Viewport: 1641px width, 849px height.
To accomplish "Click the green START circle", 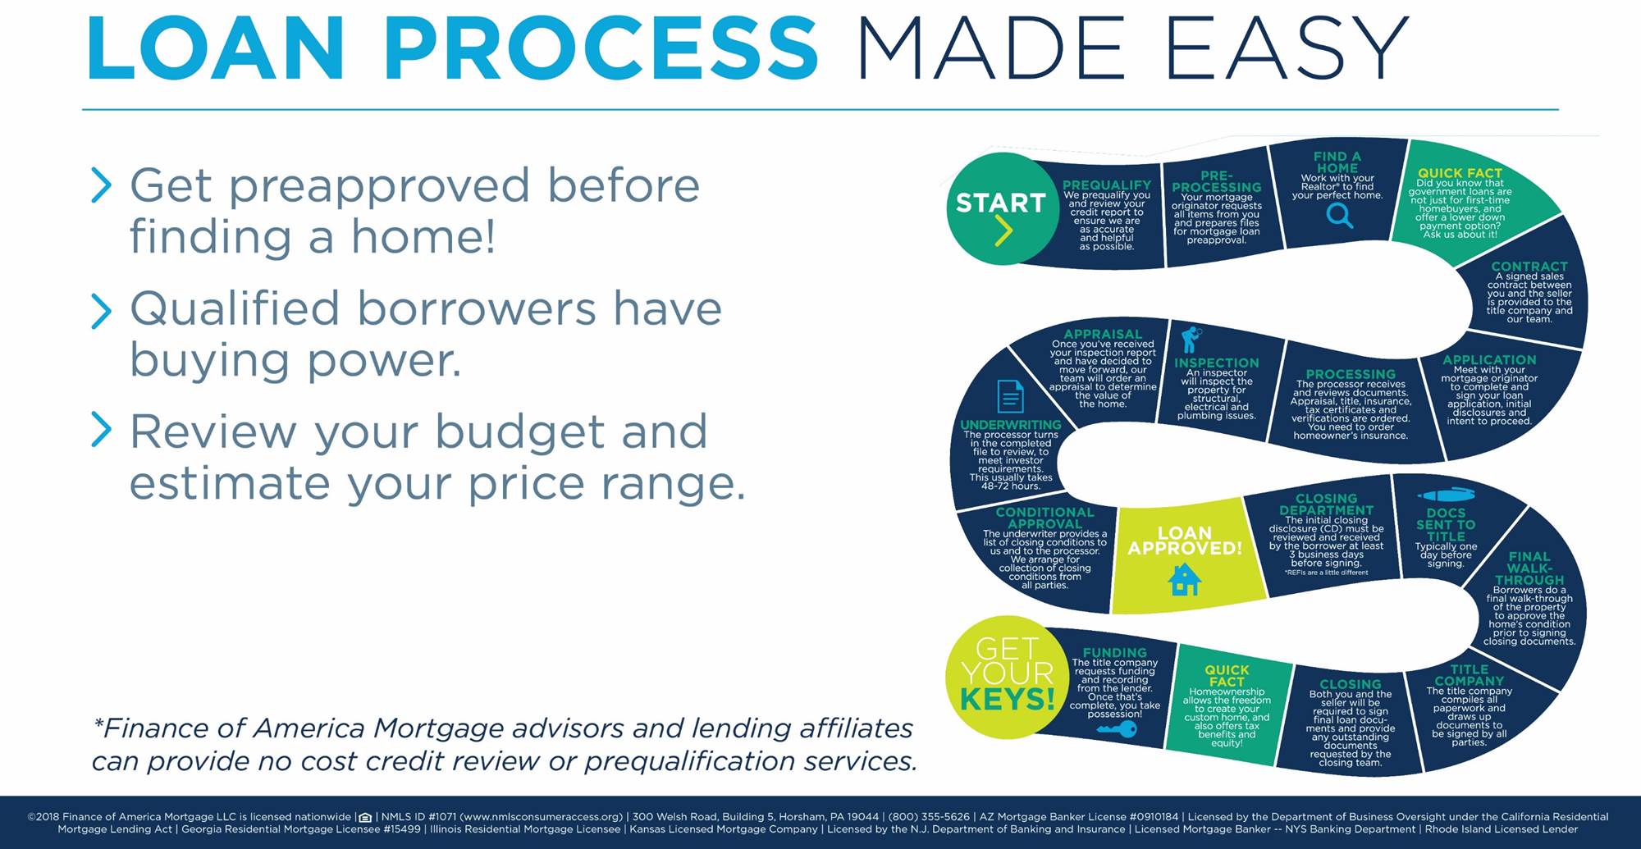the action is tap(1002, 208).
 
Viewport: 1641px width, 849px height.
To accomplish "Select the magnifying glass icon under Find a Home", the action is tap(1339, 216).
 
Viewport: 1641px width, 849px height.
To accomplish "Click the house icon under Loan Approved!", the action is tap(1184, 579).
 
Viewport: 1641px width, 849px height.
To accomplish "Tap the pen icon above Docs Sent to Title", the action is tap(1446, 495).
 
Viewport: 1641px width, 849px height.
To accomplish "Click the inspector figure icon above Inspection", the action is tap(1191, 339).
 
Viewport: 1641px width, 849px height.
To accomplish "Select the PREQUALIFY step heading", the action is tap(1107, 185).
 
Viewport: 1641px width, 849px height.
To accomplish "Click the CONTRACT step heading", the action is tap(1529, 267).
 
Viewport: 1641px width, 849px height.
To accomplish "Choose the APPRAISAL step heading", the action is tap(1103, 334).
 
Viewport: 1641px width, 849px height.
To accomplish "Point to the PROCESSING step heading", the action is tap(1351, 374).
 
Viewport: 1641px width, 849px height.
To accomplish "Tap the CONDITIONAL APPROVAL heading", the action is tap(1044, 518).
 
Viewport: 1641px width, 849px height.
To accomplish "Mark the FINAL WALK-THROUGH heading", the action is tap(1529, 568).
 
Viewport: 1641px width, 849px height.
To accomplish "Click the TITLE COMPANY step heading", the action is tap(1469, 675).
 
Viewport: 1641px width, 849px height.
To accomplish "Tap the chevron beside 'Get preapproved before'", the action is tap(101, 185).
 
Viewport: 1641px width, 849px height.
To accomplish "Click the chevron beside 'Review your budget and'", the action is tap(101, 430).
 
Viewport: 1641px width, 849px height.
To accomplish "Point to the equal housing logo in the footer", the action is tap(365, 817).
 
